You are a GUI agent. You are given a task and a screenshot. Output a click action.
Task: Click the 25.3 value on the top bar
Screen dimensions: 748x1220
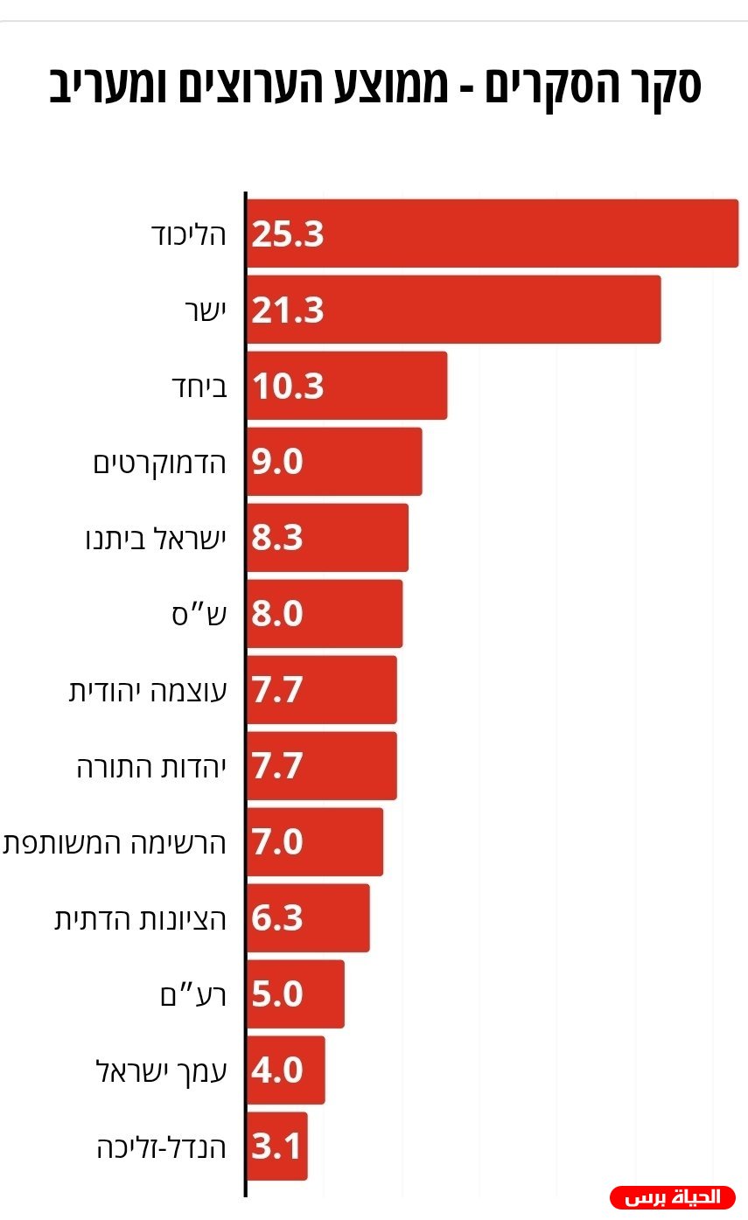[x=287, y=234]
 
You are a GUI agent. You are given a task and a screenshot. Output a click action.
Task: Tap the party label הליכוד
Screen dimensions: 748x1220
[x=188, y=235]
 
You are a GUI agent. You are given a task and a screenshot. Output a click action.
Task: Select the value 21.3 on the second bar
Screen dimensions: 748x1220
[x=287, y=310]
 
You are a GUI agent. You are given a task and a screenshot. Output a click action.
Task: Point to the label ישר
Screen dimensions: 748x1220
[x=206, y=310]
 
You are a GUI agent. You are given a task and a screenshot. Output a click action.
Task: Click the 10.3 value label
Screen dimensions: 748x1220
[x=287, y=387]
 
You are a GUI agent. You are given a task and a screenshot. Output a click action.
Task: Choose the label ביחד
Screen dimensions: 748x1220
[x=199, y=387]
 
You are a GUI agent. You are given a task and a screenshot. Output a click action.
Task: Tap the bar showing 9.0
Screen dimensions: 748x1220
[x=334, y=462]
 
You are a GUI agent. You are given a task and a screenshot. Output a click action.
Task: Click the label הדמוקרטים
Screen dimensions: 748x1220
[x=159, y=464]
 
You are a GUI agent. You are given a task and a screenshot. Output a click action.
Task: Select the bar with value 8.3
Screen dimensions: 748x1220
[x=327, y=538]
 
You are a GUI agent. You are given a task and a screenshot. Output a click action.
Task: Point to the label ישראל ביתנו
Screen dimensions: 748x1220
[x=156, y=539]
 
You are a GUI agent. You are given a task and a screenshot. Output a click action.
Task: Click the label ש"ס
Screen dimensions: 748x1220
[x=199, y=615]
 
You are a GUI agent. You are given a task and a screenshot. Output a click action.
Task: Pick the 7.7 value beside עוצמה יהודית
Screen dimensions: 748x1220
[x=276, y=689]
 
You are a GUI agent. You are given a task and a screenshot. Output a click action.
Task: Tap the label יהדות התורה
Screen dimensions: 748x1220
[x=151, y=767]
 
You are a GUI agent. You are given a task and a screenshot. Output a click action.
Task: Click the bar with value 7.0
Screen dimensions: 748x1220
[x=315, y=842]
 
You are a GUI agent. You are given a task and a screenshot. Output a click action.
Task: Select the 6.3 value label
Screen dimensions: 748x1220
[x=276, y=917]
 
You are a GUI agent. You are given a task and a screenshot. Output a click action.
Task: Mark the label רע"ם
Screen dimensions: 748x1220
[x=193, y=995]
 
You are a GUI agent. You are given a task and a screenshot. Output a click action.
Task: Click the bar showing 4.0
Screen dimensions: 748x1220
[x=286, y=1070]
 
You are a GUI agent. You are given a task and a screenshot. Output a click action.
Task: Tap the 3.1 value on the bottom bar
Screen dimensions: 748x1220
[x=275, y=1146]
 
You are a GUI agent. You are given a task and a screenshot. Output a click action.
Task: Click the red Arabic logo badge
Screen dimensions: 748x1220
[x=673, y=1197]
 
